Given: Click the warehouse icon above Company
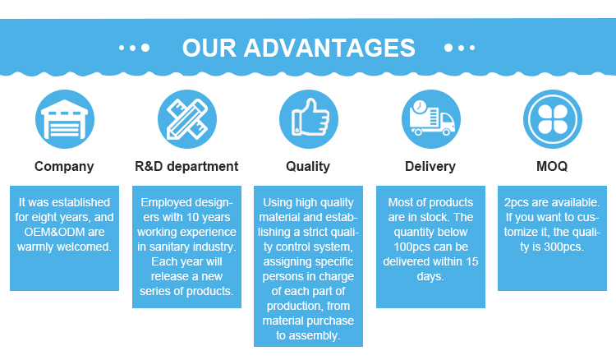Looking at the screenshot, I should tap(64, 120).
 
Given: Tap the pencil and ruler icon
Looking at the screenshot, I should tap(186, 120).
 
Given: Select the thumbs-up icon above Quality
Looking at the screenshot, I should tap(308, 120).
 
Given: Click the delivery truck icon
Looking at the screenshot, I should tap(430, 120).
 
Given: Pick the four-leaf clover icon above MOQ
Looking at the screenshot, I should tap(552, 120).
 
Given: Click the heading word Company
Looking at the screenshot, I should tap(64, 167).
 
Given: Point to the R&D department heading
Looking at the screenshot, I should tap(186, 167).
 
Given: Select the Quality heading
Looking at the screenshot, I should tap(308, 167).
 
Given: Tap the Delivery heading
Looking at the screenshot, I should tap(430, 167).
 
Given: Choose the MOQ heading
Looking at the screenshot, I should tap(552, 167).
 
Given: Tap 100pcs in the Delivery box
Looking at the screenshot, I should tap(402, 247).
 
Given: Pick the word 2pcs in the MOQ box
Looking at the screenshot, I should tap(518, 202).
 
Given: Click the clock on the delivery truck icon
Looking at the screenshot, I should tap(420, 107).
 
